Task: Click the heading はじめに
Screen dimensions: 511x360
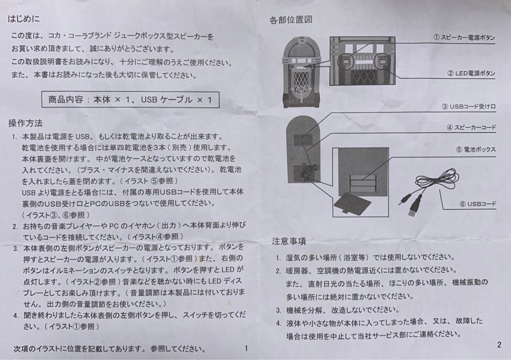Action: [24, 18]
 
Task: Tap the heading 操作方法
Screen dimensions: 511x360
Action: [26, 123]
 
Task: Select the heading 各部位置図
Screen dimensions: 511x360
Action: [291, 20]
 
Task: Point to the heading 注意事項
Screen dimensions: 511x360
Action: [289, 241]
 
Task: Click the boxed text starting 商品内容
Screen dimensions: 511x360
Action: [131, 100]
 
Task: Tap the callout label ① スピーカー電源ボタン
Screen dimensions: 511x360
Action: [464, 37]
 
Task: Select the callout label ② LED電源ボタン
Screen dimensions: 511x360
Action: [471, 73]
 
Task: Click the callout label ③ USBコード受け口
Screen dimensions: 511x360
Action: [468, 106]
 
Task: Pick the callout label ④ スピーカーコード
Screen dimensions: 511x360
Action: [471, 127]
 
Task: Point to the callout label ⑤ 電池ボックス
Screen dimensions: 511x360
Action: [476, 149]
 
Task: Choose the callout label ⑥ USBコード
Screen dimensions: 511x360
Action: [478, 204]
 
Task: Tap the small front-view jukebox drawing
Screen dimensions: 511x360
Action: [301, 73]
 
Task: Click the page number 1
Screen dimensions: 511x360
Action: [247, 348]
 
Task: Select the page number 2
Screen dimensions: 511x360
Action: [499, 345]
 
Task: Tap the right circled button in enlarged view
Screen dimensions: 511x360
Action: [382, 62]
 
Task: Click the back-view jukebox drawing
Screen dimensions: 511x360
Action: [303, 150]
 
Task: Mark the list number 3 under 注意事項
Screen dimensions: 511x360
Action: [278, 310]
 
